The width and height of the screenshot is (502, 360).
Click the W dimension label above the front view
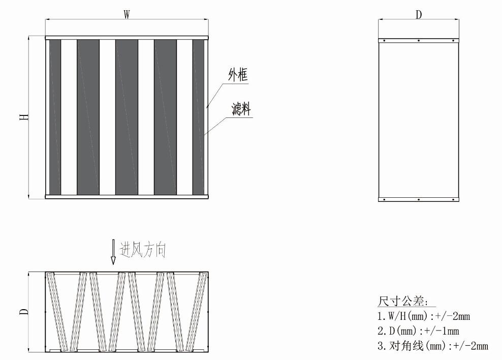click(127, 14)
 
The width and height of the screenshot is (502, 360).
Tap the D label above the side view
click(419, 15)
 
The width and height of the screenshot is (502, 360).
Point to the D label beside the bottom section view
click(24, 312)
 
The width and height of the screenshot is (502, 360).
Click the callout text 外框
click(238, 75)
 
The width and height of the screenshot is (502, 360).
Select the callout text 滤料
click(241, 109)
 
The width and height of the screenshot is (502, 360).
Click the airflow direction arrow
click(113, 252)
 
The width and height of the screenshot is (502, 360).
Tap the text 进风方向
click(143, 250)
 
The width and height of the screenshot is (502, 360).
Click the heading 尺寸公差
click(402, 301)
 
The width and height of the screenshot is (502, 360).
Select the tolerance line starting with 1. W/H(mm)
click(424, 316)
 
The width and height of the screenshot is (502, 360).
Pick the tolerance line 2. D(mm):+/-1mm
click(418, 331)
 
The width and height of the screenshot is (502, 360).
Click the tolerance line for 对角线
click(433, 346)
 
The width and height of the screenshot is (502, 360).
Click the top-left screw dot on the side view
click(384, 41)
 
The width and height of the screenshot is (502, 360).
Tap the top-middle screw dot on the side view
click(419, 41)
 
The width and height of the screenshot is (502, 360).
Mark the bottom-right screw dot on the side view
click(453, 199)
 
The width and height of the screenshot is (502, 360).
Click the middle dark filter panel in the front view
click(127, 117)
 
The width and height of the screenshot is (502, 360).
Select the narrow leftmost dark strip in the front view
click(55, 117)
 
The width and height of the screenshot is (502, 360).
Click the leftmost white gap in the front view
click(69, 117)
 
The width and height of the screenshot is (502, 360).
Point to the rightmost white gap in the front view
click(185, 117)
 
